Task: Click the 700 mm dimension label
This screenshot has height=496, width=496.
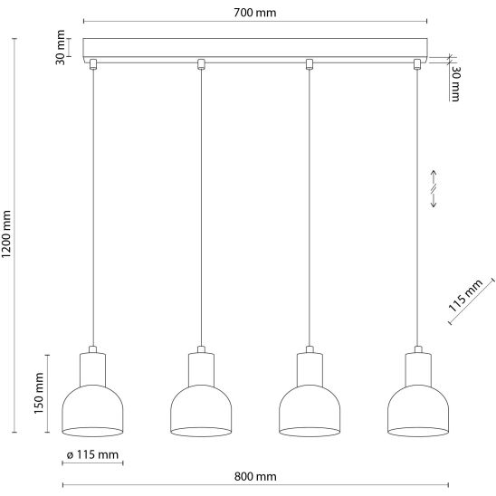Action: pos(255,13)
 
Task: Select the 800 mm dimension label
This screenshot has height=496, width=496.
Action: pos(255,476)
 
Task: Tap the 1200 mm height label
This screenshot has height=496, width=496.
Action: pos(6,234)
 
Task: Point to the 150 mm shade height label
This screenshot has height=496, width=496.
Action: pos(39,393)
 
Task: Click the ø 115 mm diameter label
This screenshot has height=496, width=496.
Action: pos(92,454)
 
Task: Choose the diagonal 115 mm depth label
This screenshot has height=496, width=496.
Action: pos(465,295)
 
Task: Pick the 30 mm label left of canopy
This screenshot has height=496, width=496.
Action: pos(60,47)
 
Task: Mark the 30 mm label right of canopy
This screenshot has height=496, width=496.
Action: pos(455,83)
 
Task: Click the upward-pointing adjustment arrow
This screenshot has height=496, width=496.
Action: pos(434,177)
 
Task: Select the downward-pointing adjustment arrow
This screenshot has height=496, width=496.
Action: pos(434,200)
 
